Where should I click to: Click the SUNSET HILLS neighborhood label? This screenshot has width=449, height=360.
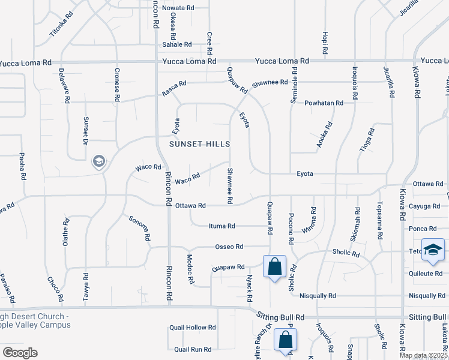pos(200,145)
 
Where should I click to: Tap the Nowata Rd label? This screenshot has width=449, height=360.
pos(178,8)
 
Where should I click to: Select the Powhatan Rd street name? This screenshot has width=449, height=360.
pos(324,103)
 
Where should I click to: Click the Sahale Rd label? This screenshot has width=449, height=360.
pos(176,44)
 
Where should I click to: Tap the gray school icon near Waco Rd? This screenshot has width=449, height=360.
pos(98,161)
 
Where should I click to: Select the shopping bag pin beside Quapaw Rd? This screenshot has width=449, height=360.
pos(274,266)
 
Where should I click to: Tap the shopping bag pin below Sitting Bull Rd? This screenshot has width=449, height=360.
pos(285,340)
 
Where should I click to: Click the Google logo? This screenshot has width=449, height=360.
pos(19,353)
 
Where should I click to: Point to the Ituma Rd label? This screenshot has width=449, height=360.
pos(221,226)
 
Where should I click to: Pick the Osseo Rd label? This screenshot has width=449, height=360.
pos(229,247)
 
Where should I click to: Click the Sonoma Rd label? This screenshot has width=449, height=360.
pos(139,228)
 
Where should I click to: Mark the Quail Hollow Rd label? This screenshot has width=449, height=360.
pos(192,328)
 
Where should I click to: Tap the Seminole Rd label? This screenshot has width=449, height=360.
pos(294,89)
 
